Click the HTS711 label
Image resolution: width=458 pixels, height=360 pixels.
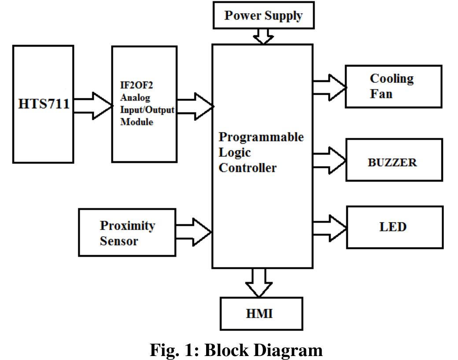click(44, 104)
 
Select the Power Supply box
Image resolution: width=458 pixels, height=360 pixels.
click(263, 16)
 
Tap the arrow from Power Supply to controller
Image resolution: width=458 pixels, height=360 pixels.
click(263, 37)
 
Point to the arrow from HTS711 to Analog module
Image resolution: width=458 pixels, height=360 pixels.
click(93, 106)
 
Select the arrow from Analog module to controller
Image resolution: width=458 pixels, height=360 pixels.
click(195, 106)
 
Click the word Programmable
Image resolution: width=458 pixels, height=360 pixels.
click(261, 137)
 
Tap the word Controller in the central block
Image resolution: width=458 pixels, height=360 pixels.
click(247, 168)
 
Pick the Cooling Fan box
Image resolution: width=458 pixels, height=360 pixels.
click(393, 86)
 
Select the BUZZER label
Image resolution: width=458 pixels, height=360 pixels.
click(392, 163)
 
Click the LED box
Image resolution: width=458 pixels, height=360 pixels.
click(393, 227)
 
